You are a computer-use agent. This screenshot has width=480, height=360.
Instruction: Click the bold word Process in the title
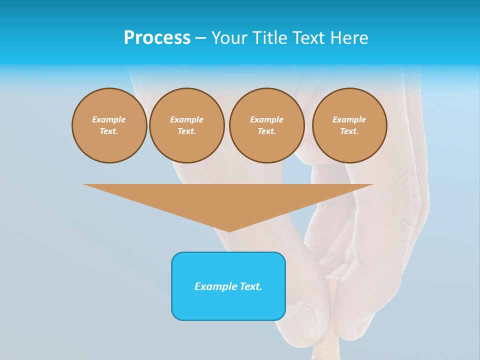tap(157, 38)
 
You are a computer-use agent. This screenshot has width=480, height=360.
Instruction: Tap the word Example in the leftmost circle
tap(109, 119)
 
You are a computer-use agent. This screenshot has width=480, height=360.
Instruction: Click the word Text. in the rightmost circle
tap(349, 131)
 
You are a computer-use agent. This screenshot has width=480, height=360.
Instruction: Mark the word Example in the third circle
tap(267, 119)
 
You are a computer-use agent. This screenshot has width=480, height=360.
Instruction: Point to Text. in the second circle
tap(187, 131)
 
